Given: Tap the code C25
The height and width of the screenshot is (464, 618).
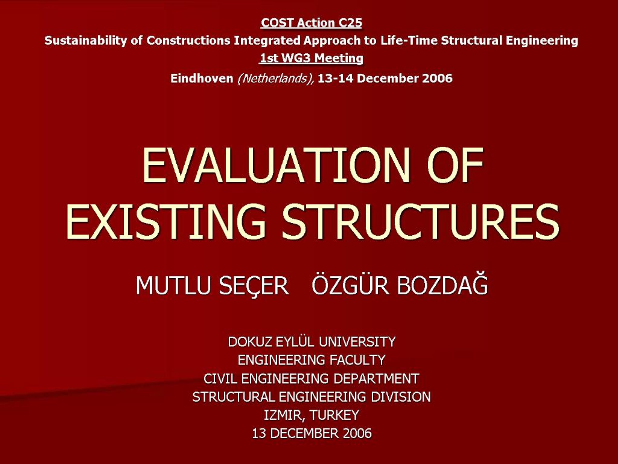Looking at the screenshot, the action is pyautogui.click(x=350, y=23).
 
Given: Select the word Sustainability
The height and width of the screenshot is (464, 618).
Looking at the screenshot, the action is pyautogui.click(x=85, y=41).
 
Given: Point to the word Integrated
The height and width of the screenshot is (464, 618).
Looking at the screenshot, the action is pyautogui.click(x=267, y=41).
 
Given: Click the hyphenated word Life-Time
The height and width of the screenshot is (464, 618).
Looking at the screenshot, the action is pyautogui.click(x=408, y=40).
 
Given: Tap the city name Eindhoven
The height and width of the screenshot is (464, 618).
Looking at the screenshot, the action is pyautogui.click(x=202, y=78).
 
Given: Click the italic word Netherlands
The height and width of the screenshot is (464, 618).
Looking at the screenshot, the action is pyautogui.click(x=275, y=78).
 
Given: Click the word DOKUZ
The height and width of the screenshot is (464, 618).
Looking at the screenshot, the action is pyautogui.click(x=250, y=342).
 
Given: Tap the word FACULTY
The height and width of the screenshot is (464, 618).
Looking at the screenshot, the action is pyautogui.click(x=357, y=360).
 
